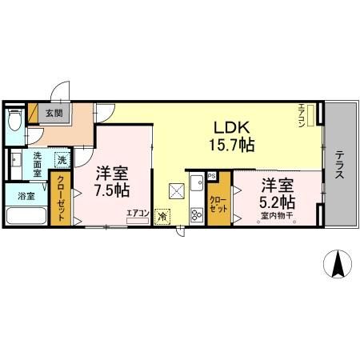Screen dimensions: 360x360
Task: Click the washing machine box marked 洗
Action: (62, 159)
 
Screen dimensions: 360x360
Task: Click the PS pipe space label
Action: (212, 176)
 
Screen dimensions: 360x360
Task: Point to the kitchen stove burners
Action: (195, 214)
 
